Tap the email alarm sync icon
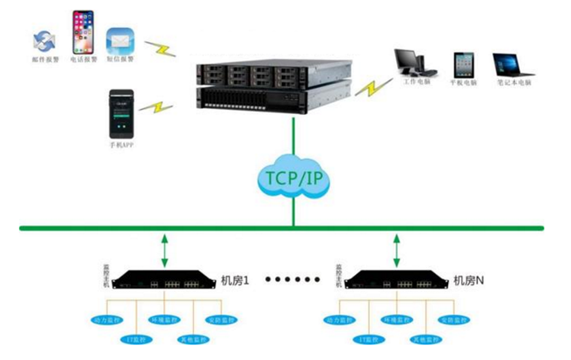click(43, 40)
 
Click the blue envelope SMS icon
click(119, 40)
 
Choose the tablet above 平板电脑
click(464, 66)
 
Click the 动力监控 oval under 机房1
click(109, 320)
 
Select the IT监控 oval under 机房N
click(370, 338)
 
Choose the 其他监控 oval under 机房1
click(193, 338)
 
